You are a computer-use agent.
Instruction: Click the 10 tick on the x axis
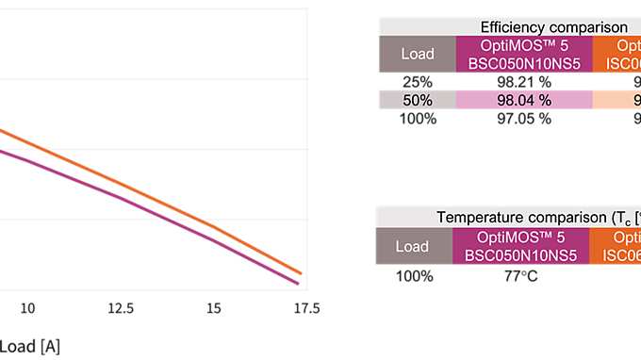tap(28, 308)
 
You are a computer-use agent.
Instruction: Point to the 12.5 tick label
tap(121, 308)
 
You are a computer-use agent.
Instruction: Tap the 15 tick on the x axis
tap(214, 308)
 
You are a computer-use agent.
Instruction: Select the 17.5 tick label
tap(306, 308)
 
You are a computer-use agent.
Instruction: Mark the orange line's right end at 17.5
tap(302, 273)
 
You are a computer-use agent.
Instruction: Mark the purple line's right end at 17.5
tap(299, 283)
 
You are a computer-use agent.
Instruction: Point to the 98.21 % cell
tap(523, 82)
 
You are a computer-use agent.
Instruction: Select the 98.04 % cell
tap(523, 101)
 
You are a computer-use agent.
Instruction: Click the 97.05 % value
tap(523, 120)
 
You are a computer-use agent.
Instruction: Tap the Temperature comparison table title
tap(537, 218)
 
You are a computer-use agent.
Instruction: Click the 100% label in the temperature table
tap(414, 276)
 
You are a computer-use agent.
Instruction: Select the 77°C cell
tap(521, 276)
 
